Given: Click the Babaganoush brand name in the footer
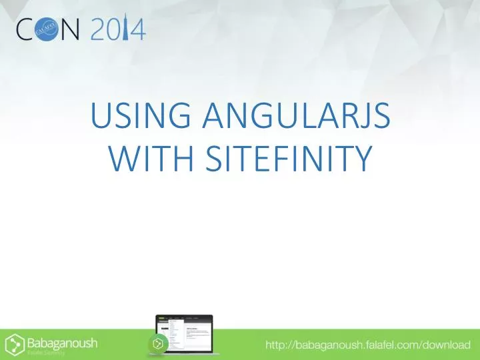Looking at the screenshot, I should (x=61, y=342).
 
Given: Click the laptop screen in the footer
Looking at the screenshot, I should (x=188, y=326).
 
